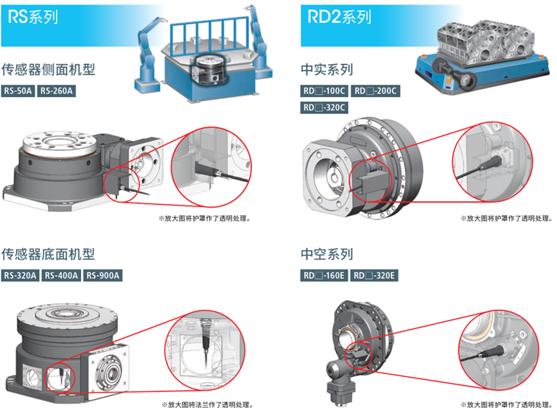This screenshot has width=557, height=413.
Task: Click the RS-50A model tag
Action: [18, 91]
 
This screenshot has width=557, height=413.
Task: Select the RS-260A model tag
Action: [57, 91]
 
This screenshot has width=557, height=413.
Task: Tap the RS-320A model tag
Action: [20, 275]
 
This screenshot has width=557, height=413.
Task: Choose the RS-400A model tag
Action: [61, 275]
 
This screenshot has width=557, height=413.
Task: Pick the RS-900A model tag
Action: [103, 275]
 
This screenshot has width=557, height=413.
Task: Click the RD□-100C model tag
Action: [324, 91]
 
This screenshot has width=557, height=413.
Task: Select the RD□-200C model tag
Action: [376, 91]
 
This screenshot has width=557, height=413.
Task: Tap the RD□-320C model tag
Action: [324, 107]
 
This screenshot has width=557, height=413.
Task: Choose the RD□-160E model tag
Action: [324, 275]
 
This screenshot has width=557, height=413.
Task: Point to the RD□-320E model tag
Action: [374, 275]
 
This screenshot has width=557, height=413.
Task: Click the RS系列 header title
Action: [32, 17]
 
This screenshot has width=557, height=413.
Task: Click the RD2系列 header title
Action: [339, 17]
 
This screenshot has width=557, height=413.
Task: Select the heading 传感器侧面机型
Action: [49, 69]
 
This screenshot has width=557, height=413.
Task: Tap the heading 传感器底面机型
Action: [49, 254]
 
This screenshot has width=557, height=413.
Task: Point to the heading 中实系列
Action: [327, 69]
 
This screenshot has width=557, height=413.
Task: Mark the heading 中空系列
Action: [327, 254]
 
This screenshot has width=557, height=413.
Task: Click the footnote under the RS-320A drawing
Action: [207, 404]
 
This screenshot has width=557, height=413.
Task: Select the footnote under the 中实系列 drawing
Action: [507, 218]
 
